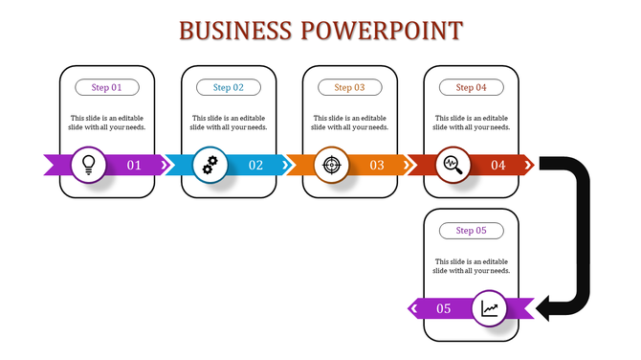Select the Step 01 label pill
[107, 87]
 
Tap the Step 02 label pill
[229, 87]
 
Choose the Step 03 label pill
[350, 87]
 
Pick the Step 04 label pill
[472, 87]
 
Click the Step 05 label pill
[472, 230]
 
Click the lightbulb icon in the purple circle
[89, 165]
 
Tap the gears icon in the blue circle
[210, 165]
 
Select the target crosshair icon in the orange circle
[331, 165]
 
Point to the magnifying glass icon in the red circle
[453, 165]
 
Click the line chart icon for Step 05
[490, 308]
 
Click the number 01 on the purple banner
[134, 166]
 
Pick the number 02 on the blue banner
[255, 166]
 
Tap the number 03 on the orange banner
[377, 166]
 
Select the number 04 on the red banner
[498, 166]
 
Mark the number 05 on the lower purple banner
[444, 308]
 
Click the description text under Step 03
[350, 123]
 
